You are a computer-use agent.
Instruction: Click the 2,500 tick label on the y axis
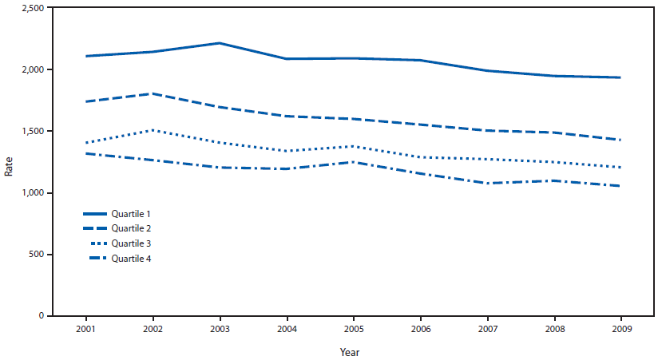(x=31, y=8)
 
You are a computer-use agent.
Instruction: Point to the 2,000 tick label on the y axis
(x=31, y=69)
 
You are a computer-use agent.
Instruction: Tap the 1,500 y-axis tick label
(x=31, y=131)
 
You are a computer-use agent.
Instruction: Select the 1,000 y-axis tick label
(x=31, y=193)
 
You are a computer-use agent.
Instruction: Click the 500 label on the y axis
(x=36, y=255)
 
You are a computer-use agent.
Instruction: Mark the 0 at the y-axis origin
(x=42, y=316)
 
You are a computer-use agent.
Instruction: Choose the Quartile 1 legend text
(x=132, y=214)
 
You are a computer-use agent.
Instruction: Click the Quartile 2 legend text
(x=132, y=229)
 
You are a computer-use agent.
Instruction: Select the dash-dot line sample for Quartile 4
(x=95, y=259)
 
